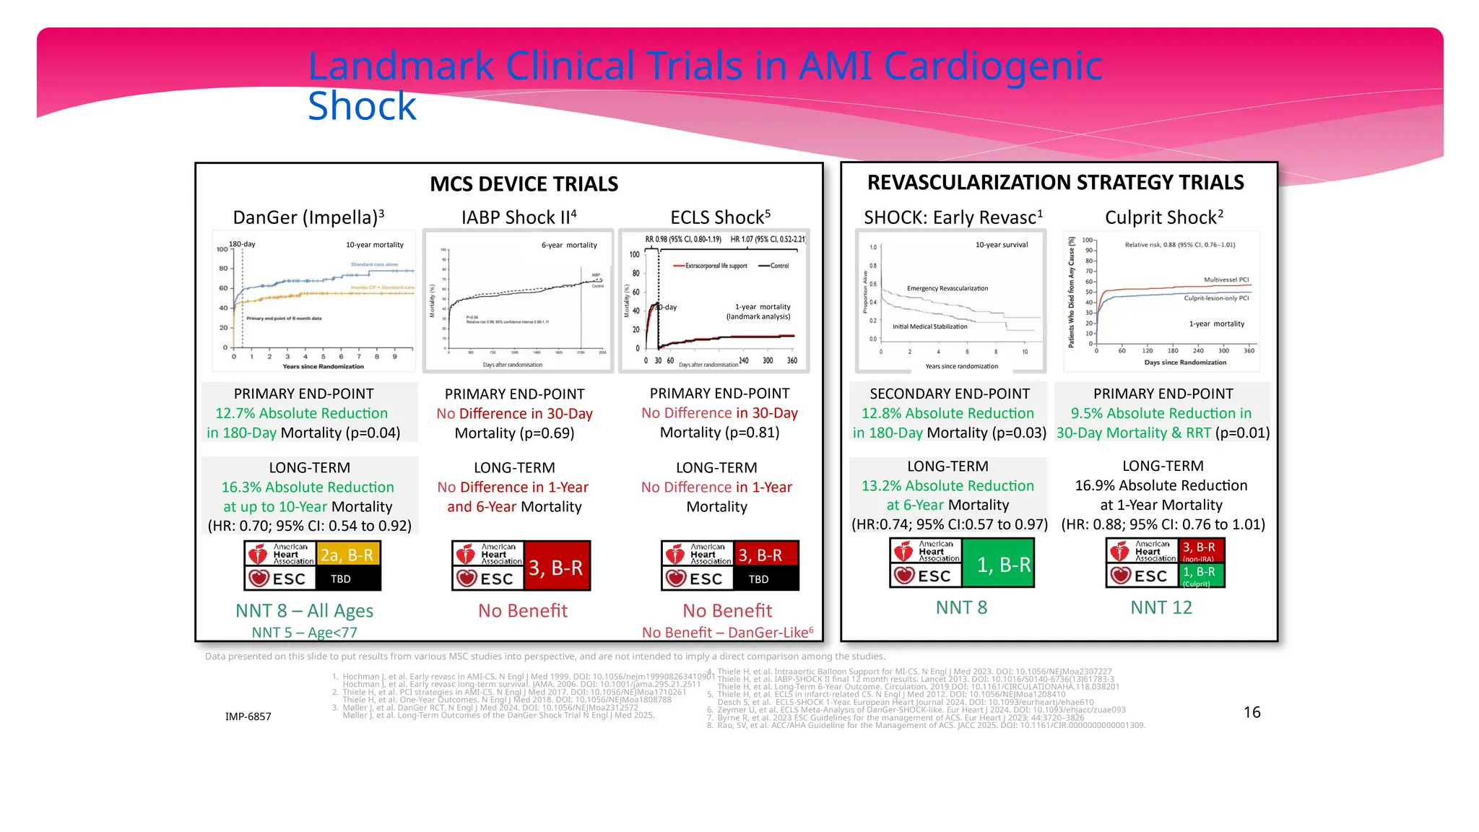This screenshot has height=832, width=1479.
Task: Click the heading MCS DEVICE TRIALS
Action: [524, 184]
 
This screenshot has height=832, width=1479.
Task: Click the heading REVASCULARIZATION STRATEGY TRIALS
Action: [1055, 183]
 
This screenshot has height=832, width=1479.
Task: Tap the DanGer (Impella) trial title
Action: [308, 217]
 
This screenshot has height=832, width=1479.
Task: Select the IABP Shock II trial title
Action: [519, 217]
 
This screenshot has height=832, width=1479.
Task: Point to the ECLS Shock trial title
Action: [720, 217]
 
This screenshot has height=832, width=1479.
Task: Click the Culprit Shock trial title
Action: [1163, 217]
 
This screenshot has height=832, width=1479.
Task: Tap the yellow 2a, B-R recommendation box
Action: [347, 555]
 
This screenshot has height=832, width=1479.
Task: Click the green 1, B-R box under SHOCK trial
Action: [1003, 565]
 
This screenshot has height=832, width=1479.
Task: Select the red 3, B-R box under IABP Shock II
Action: [555, 568]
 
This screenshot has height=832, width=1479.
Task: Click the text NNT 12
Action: [1161, 607]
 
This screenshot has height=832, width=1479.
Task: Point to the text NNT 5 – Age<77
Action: [304, 633]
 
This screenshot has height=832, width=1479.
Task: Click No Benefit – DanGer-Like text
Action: [727, 633]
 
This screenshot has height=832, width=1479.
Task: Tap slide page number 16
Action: [1252, 712]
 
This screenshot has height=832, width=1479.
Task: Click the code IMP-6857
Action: [248, 716]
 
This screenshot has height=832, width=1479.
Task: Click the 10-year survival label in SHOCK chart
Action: [1001, 245]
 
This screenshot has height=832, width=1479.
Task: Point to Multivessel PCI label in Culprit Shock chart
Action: [1226, 279]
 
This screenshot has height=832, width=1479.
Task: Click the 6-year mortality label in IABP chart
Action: [569, 246]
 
